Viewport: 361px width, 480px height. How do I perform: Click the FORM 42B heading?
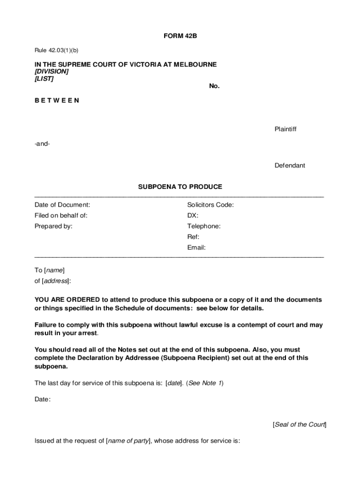(180, 36)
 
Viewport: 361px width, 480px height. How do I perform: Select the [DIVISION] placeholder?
(52, 72)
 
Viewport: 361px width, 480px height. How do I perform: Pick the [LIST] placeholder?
(44, 79)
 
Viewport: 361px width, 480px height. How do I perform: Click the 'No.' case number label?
(214, 86)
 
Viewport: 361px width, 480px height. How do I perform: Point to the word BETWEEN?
(57, 100)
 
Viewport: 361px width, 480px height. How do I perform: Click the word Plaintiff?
(286, 129)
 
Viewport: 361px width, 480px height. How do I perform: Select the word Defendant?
(290, 165)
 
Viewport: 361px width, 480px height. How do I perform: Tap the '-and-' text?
(42, 144)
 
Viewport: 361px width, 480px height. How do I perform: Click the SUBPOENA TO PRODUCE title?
(180, 187)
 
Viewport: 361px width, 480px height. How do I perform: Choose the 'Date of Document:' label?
(62, 205)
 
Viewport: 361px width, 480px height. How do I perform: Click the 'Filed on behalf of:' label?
(61, 216)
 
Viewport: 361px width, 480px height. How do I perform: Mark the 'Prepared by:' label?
(53, 226)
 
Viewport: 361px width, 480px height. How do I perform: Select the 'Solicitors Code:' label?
(211, 205)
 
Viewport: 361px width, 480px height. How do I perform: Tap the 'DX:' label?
(193, 216)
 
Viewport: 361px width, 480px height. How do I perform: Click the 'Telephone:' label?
(204, 226)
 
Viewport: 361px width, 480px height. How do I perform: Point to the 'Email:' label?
(196, 247)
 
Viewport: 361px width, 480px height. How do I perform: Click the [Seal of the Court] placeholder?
(299, 425)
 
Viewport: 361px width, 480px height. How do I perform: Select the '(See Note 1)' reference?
(205, 383)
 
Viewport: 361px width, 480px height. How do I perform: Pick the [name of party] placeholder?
(128, 441)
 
